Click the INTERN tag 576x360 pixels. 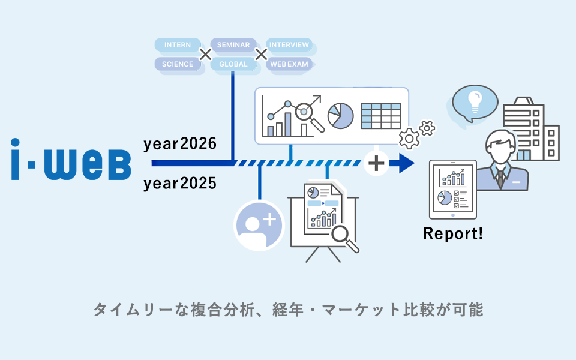point(177,45)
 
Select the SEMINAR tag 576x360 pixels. point(233,45)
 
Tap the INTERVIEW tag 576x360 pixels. point(289,45)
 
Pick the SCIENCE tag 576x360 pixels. point(178,64)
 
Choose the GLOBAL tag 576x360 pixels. point(233,64)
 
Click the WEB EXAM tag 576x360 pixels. point(289,64)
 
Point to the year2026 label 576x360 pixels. point(180,145)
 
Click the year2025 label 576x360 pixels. point(180,184)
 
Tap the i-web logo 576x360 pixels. point(71,159)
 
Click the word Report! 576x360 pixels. point(453,233)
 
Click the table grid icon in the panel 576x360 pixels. point(381,115)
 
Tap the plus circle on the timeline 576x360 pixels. point(377,163)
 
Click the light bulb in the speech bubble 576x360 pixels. point(475,101)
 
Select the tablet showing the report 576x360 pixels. point(452,190)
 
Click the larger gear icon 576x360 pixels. point(410,139)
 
